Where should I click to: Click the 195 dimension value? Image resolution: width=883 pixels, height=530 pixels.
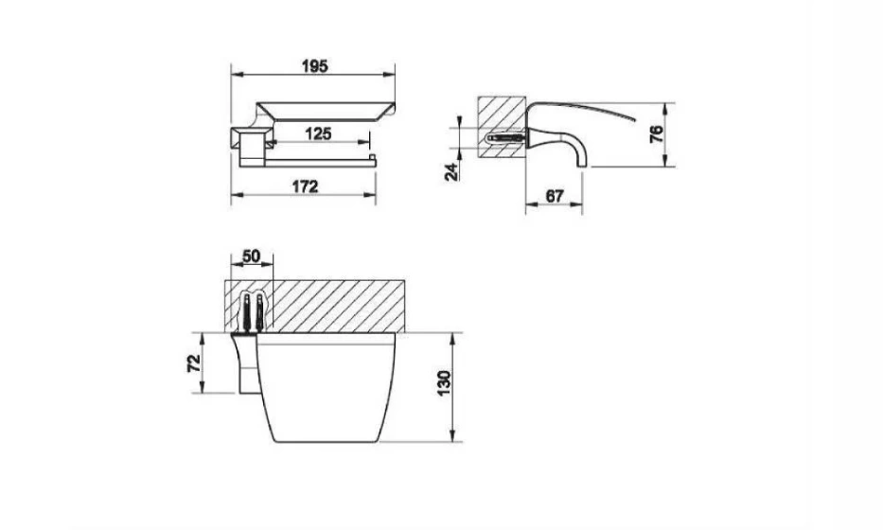point(315,66)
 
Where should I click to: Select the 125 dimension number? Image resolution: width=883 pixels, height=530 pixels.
point(318,134)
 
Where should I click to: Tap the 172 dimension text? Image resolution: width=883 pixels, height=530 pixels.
point(305,186)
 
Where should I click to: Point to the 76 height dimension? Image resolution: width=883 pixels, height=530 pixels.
point(657,134)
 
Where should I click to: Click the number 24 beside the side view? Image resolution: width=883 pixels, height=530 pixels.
point(451,172)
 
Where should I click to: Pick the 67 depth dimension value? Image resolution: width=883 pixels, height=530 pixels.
point(555,196)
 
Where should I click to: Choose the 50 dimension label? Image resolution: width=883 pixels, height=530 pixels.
point(251,256)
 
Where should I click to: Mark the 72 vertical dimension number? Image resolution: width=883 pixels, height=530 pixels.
point(194,363)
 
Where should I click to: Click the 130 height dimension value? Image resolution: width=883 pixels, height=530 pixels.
point(444,383)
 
